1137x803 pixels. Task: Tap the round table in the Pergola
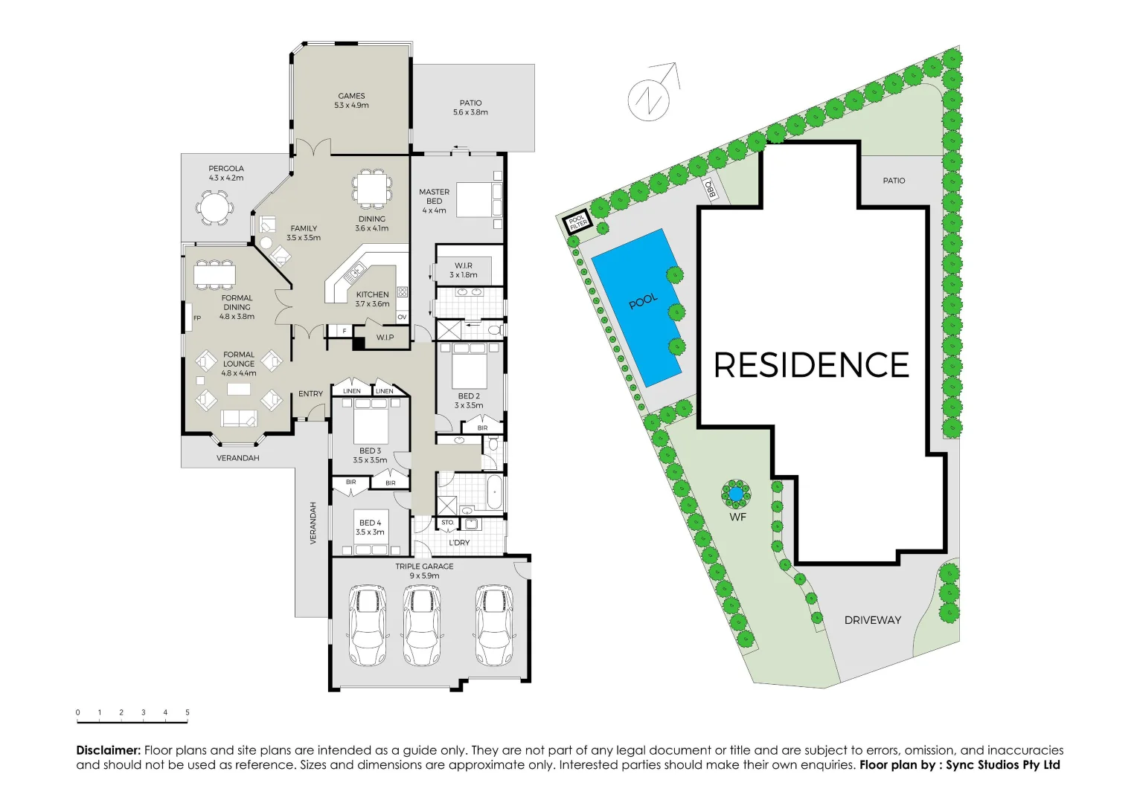(x=214, y=207)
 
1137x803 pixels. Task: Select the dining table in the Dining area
(x=371, y=189)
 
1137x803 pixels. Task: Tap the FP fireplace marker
(x=197, y=318)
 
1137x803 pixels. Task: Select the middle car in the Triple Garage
(x=421, y=625)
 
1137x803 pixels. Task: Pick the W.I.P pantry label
(x=385, y=338)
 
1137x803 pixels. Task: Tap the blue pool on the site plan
(x=636, y=307)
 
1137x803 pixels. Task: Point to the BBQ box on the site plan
(x=711, y=189)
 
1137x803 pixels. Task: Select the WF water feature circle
(x=736, y=494)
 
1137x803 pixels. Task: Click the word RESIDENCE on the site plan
(x=811, y=365)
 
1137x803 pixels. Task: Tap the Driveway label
(x=872, y=620)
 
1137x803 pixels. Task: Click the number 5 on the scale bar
(x=187, y=712)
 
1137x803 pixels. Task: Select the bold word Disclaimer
(x=108, y=750)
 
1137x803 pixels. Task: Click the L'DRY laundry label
(x=459, y=543)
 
